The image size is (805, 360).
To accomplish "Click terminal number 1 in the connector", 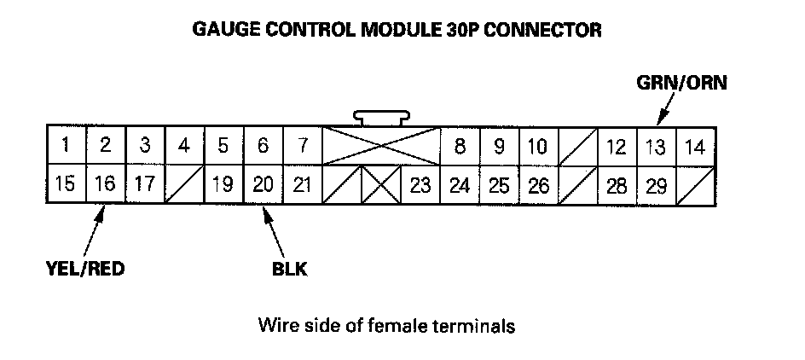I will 66,146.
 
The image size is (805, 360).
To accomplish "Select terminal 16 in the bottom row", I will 105,184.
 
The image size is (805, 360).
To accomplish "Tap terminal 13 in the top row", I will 655,147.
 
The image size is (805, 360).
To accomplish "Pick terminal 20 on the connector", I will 263,184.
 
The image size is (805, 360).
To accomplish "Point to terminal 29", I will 655,184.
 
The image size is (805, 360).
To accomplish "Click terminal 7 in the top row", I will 301,146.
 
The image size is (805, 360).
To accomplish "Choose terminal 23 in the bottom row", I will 420,184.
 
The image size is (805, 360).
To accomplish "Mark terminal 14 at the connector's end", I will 695,147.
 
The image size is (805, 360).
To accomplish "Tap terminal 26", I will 538,184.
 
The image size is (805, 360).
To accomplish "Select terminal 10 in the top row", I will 537,146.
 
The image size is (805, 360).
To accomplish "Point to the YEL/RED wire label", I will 86,270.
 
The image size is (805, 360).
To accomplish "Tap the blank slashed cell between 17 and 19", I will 183,184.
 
